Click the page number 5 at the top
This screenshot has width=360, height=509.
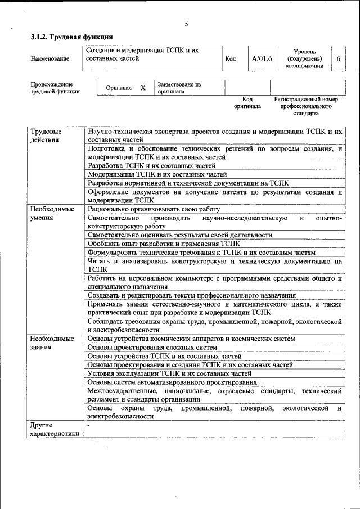coord(186,24)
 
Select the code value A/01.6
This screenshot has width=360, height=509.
coord(262,58)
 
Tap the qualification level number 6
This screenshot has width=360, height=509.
coord(338,58)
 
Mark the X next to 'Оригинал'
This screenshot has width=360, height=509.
coord(143,88)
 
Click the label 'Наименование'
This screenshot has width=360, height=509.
coord(50,58)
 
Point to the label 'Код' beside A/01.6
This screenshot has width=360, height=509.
coord(230,58)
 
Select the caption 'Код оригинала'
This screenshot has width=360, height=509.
coord(247,102)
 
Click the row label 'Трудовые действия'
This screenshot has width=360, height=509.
coord(46,135)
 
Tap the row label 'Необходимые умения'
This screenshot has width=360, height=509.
coord(52,213)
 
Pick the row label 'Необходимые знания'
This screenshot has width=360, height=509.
coord(52,343)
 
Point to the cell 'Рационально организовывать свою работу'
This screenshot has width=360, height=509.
coord(154,209)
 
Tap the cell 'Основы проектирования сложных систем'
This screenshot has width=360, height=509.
coord(148,348)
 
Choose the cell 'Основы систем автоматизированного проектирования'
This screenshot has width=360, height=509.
coord(172,382)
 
